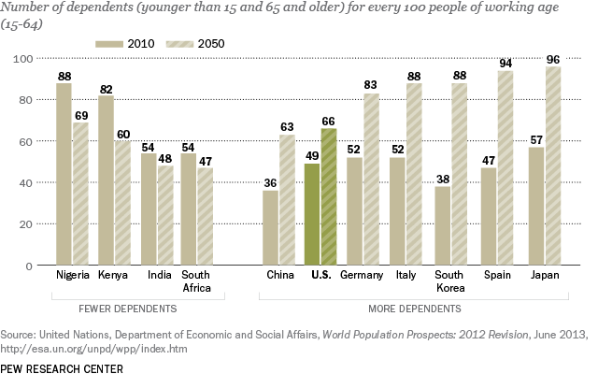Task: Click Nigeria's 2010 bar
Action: [x=64, y=174]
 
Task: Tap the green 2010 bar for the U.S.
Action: [x=313, y=214]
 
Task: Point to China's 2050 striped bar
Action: [x=287, y=200]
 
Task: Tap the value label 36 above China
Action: [x=270, y=182]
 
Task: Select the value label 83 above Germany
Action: [x=372, y=85]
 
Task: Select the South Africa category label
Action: [x=197, y=283]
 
